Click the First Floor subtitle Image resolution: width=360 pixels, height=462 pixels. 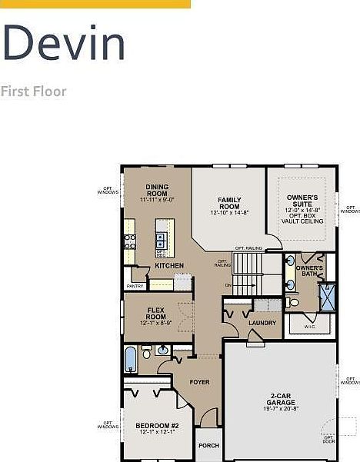tap(33, 91)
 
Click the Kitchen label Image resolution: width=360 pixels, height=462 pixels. tap(168, 266)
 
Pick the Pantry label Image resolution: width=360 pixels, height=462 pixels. tap(135, 287)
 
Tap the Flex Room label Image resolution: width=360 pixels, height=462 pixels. tap(156, 315)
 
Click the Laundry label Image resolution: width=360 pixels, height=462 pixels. tap(262, 323)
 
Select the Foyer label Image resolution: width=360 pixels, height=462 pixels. tap(200, 382)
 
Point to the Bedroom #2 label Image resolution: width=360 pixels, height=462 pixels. tap(157, 428)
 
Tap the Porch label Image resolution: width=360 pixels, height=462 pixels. tap(208, 446)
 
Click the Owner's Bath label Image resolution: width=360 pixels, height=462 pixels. tap(309, 271)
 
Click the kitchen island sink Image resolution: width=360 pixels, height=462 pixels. tap(161, 239)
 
